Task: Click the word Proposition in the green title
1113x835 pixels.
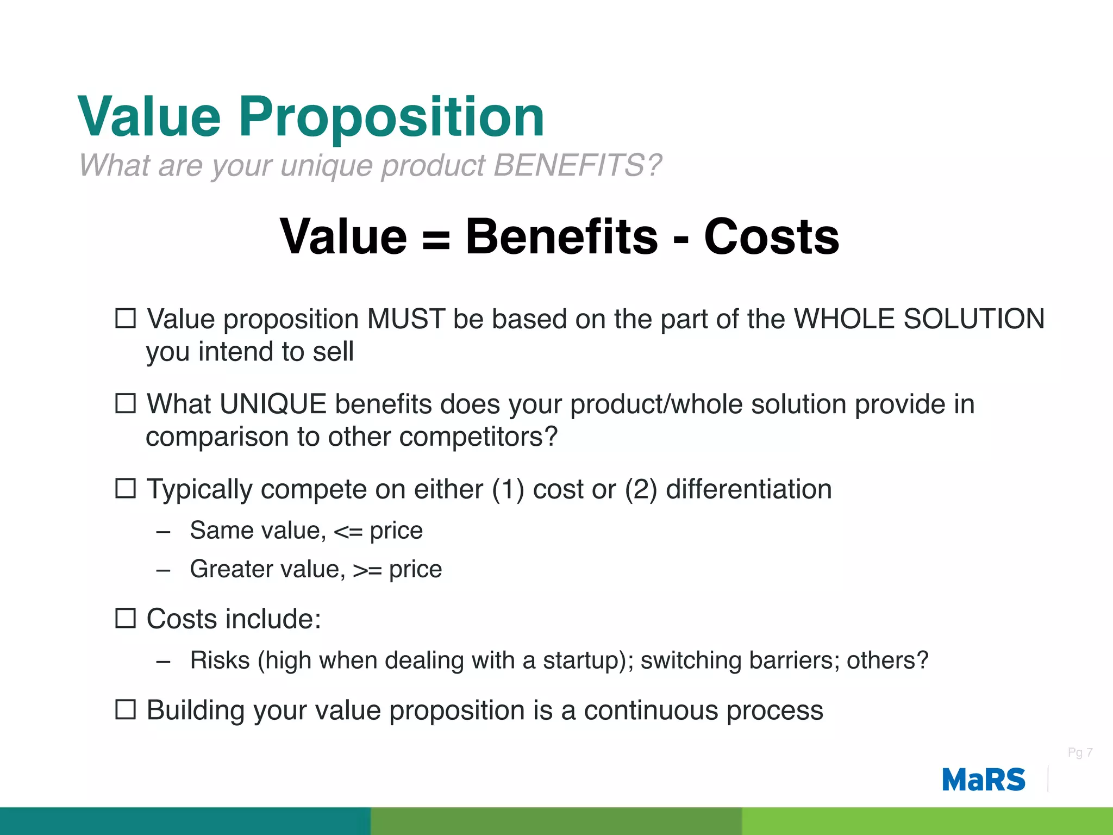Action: tap(391, 117)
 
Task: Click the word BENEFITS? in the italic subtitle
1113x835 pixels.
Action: tap(577, 165)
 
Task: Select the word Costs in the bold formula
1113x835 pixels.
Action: tap(771, 236)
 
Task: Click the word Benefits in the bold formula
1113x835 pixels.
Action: tap(561, 236)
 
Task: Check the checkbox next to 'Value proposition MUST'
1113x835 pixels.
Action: tap(126, 318)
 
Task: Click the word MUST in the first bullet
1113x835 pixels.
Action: tap(406, 319)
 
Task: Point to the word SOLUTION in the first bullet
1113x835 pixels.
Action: tap(973, 319)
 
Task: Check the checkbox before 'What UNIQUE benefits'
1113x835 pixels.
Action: tap(126, 403)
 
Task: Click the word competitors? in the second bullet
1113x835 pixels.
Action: tap(478, 437)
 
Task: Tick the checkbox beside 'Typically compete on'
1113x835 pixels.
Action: tap(126, 488)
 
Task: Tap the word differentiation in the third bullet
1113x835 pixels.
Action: tap(748, 489)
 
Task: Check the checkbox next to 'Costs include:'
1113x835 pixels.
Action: tap(126, 618)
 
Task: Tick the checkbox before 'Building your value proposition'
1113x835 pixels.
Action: tap(126, 709)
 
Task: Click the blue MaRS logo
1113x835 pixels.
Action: tap(983, 780)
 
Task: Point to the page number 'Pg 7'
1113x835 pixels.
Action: tap(1079, 752)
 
